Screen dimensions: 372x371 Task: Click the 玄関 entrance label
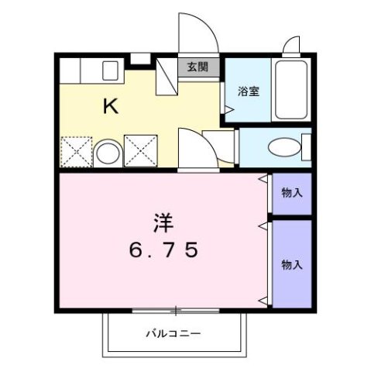pyautogui.click(x=198, y=67)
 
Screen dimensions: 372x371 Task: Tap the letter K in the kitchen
pyautogui.click(x=112, y=106)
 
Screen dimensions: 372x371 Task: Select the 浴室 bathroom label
pyautogui.click(x=248, y=91)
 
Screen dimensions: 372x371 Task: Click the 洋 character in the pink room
pyautogui.click(x=162, y=222)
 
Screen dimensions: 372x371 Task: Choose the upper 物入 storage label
pyautogui.click(x=291, y=193)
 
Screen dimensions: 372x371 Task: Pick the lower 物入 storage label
pyautogui.click(x=291, y=264)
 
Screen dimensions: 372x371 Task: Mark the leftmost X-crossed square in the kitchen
pyautogui.click(x=77, y=151)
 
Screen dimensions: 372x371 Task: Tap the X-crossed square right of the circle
pyautogui.click(x=139, y=151)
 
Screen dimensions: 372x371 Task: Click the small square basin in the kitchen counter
pyautogui.click(x=108, y=71)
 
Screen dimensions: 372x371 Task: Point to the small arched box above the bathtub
pyautogui.click(x=292, y=45)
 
